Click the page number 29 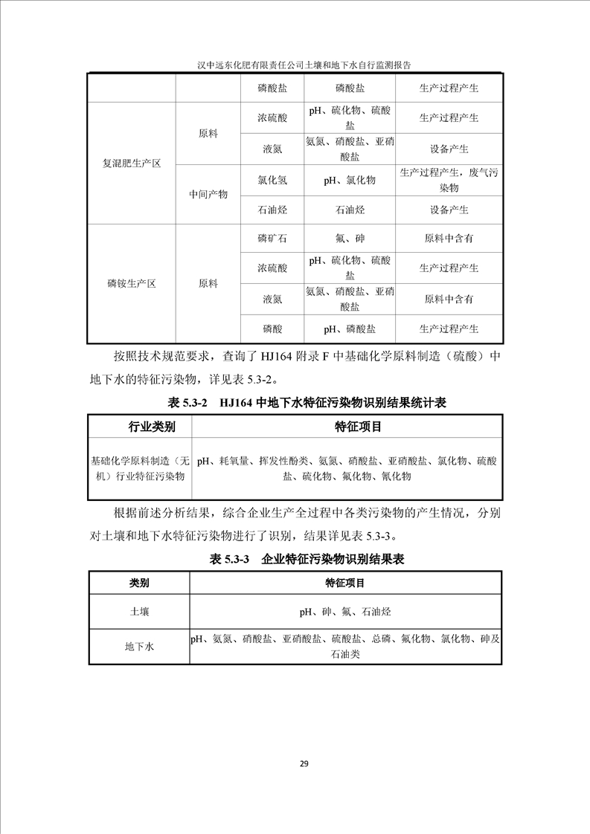click(x=304, y=764)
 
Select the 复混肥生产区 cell click(x=132, y=163)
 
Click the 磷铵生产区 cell click(x=132, y=283)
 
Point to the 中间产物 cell click(x=208, y=194)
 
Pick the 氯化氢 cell click(x=272, y=180)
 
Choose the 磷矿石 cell click(x=272, y=239)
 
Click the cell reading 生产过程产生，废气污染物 click(x=449, y=180)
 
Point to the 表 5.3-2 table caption click(x=296, y=402)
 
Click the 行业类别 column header click(x=141, y=427)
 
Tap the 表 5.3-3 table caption click(x=296, y=558)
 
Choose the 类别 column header click(x=138, y=584)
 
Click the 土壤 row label click(x=138, y=612)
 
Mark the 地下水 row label click(x=138, y=647)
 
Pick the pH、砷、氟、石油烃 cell click(x=344, y=612)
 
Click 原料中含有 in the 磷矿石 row click(x=449, y=239)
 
